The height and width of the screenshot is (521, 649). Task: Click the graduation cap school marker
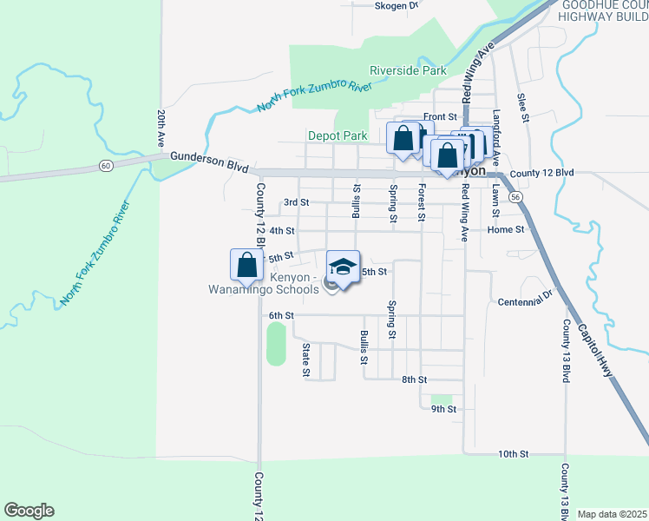(343, 267)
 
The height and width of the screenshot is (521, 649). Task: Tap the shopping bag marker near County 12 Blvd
(246, 265)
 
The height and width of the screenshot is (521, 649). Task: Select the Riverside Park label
(408, 70)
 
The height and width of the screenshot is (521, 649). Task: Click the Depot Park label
(338, 135)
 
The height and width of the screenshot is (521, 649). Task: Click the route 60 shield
(105, 165)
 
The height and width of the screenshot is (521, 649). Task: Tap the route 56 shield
(515, 198)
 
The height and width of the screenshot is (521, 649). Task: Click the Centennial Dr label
(526, 301)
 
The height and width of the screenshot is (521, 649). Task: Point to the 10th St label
(513, 454)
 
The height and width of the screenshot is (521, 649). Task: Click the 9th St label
(443, 408)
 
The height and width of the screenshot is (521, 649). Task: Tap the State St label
(305, 359)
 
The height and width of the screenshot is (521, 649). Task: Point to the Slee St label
(522, 108)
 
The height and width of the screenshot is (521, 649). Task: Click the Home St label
(506, 230)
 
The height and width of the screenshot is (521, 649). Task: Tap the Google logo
(29, 511)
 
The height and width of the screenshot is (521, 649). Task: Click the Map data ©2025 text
(612, 514)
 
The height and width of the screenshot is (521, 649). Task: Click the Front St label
(440, 116)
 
